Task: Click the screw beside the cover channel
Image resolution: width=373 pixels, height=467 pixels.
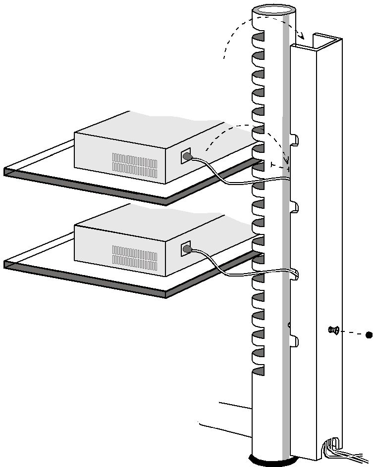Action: (x=334, y=330)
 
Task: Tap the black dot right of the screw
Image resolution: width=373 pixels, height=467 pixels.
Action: (x=369, y=335)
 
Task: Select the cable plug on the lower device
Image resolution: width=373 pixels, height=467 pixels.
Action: (x=187, y=249)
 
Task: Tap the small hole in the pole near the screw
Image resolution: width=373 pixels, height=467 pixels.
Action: (x=289, y=325)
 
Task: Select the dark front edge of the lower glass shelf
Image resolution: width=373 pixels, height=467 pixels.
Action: (x=84, y=279)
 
